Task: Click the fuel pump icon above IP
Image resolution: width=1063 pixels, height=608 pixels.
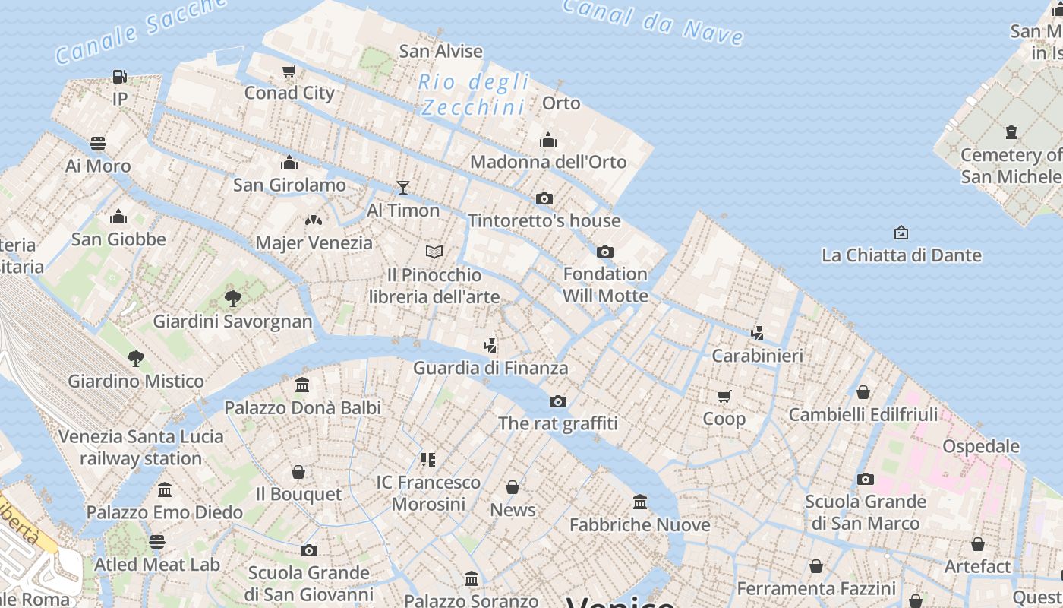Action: (x=119, y=76)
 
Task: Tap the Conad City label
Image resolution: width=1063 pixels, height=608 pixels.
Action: (x=289, y=93)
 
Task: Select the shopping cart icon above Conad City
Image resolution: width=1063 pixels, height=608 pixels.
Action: (x=289, y=71)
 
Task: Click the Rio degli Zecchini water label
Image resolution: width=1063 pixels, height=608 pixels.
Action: (x=475, y=94)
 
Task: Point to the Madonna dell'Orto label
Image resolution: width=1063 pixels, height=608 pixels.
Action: (x=548, y=162)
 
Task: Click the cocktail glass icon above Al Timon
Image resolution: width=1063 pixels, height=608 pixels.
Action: (x=402, y=188)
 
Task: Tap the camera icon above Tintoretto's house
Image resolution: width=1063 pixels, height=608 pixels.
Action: (x=544, y=199)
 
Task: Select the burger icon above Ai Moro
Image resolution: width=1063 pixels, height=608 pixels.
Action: (x=97, y=144)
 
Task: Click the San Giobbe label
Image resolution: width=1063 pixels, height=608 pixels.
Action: (x=118, y=239)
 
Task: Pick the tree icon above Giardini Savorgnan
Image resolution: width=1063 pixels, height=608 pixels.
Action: (x=232, y=298)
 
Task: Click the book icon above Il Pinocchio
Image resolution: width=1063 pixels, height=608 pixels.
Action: (x=434, y=252)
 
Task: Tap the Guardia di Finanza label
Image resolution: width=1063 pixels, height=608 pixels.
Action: (x=490, y=368)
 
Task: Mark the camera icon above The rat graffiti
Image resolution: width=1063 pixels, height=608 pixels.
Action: (x=557, y=401)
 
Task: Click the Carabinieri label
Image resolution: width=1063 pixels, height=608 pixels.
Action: (x=757, y=356)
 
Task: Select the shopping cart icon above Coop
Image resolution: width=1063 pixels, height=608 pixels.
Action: (x=724, y=396)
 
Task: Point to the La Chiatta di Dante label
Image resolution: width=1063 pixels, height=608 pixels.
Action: (x=901, y=255)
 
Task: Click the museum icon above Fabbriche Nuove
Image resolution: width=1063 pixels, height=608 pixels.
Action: (x=640, y=502)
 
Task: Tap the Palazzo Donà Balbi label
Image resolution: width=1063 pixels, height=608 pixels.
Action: (x=302, y=408)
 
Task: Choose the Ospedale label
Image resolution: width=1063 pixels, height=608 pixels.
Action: (x=981, y=446)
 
